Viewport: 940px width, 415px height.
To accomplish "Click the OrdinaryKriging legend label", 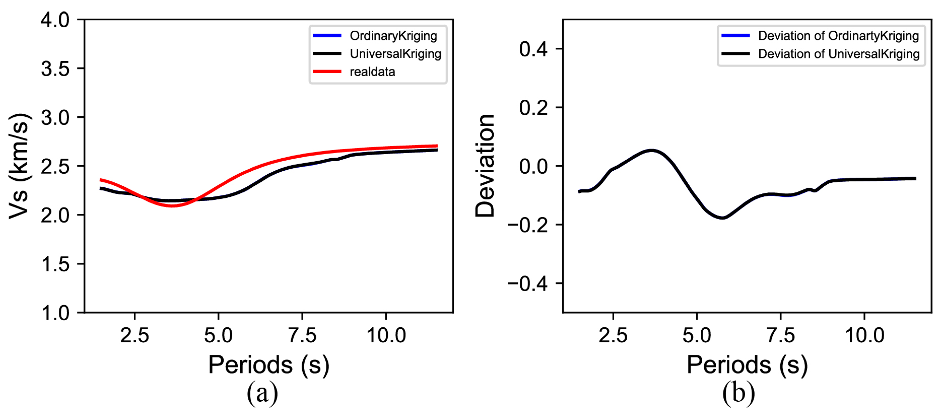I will (x=393, y=36).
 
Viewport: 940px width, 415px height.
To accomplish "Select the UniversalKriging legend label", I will (x=395, y=54).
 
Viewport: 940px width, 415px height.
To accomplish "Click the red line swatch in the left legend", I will (x=327, y=71).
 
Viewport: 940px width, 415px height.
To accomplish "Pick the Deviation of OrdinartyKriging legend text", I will (x=838, y=36).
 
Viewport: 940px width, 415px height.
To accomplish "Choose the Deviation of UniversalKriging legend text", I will (x=838, y=54).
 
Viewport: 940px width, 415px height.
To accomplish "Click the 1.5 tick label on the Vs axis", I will (x=55, y=264).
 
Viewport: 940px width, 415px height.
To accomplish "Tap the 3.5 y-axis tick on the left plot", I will (x=55, y=68).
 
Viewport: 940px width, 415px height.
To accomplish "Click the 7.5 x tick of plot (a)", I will (x=302, y=335).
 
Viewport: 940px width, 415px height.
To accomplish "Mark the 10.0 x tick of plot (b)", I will (x=864, y=335).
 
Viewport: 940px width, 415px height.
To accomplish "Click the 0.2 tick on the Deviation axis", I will (x=533, y=108).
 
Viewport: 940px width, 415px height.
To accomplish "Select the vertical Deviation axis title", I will (x=485, y=166).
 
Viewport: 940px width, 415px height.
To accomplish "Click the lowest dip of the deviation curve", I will (x=722, y=218).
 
